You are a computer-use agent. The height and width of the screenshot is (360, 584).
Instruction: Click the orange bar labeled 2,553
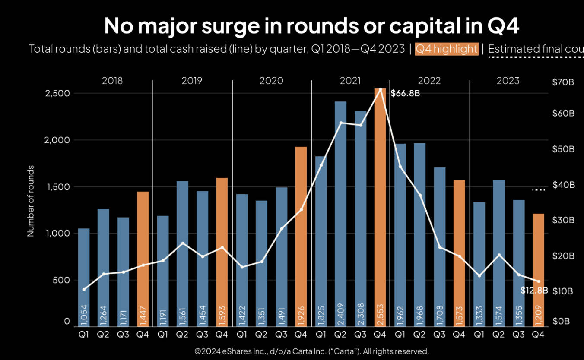[380, 207]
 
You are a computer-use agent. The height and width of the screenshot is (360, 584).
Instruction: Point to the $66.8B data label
[405, 93]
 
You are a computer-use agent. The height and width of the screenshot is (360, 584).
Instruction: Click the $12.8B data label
[534, 291]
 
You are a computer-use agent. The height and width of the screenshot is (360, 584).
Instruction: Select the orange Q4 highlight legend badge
[447, 49]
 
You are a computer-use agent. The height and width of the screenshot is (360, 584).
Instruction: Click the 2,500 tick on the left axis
[57, 94]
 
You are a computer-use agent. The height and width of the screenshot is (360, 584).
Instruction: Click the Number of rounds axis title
[31, 201]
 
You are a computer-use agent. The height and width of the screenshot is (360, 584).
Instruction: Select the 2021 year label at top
[350, 81]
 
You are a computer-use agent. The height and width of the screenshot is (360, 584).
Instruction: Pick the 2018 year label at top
[112, 81]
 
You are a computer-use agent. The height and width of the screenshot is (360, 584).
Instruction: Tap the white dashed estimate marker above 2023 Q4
[538, 189]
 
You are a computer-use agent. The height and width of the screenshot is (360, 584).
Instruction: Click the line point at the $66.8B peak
[380, 90]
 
